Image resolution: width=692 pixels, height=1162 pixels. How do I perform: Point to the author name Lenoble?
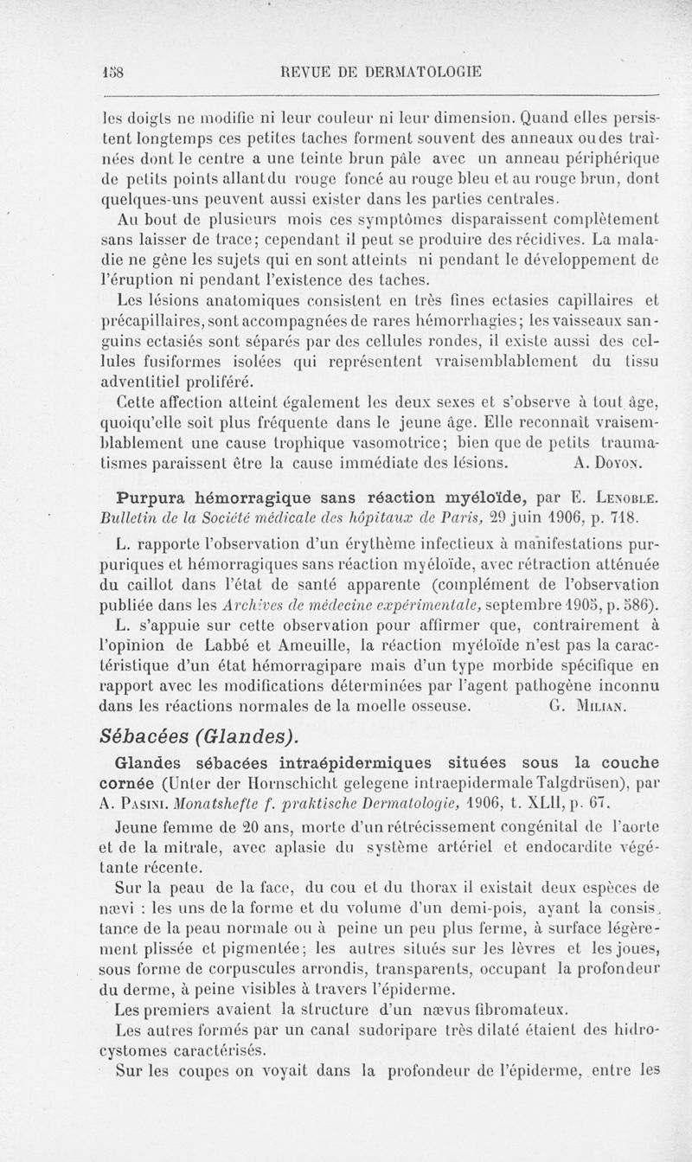tap(617, 500)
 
